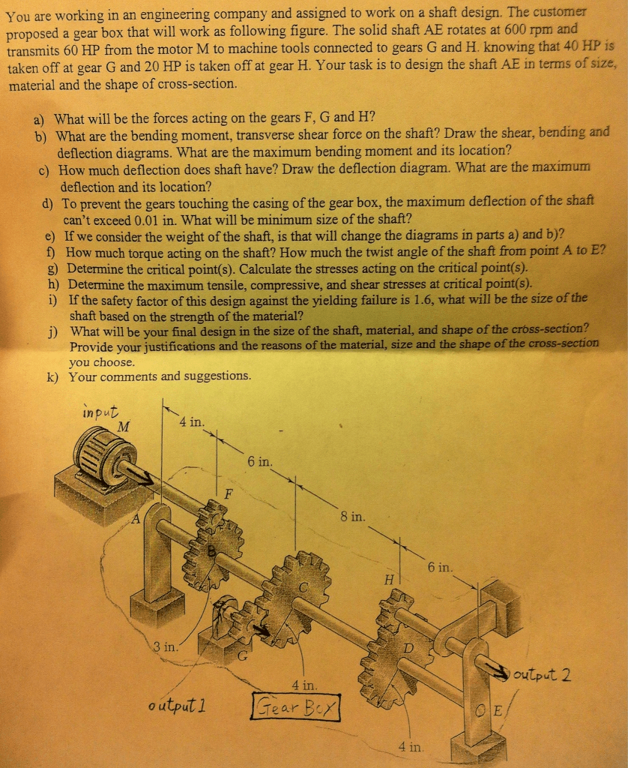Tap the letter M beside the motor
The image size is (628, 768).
pyautogui.click(x=124, y=427)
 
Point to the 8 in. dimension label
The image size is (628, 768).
pyautogui.click(x=352, y=516)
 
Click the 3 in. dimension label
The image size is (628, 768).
pyautogui.click(x=165, y=646)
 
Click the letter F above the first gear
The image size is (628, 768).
pyautogui.click(x=228, y=493)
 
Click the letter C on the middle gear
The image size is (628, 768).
pyautogui.click(x=304, y=587)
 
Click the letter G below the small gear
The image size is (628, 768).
pyautogui.click(x=242, y=655)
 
